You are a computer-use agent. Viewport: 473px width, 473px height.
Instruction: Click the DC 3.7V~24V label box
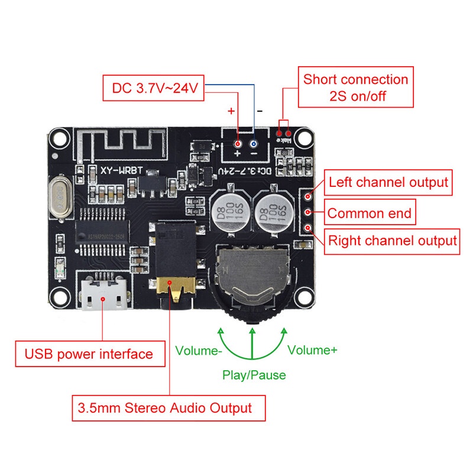coord(153,89)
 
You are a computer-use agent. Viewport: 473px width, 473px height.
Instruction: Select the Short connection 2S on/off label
coord(355,88)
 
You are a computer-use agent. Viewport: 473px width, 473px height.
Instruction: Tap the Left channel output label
coord(388,182)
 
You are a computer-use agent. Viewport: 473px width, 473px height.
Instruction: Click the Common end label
coord(370,213)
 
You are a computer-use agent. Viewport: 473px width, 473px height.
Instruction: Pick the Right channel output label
coord(393,241)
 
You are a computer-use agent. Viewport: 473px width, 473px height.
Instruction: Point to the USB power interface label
coord(89,354)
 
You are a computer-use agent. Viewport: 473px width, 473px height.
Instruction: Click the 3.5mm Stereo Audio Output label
coord(164,407)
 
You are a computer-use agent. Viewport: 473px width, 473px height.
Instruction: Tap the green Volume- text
coord(199,350)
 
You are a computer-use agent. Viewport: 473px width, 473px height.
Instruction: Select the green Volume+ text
coord(312,350)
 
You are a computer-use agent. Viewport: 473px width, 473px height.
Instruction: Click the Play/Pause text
coord(254,375)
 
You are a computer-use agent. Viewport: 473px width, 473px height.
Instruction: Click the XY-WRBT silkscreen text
coord(121,170)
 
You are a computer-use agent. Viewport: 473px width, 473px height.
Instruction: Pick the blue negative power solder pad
coord(254,144)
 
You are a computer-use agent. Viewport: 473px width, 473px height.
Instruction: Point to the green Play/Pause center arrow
coord(252,343)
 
